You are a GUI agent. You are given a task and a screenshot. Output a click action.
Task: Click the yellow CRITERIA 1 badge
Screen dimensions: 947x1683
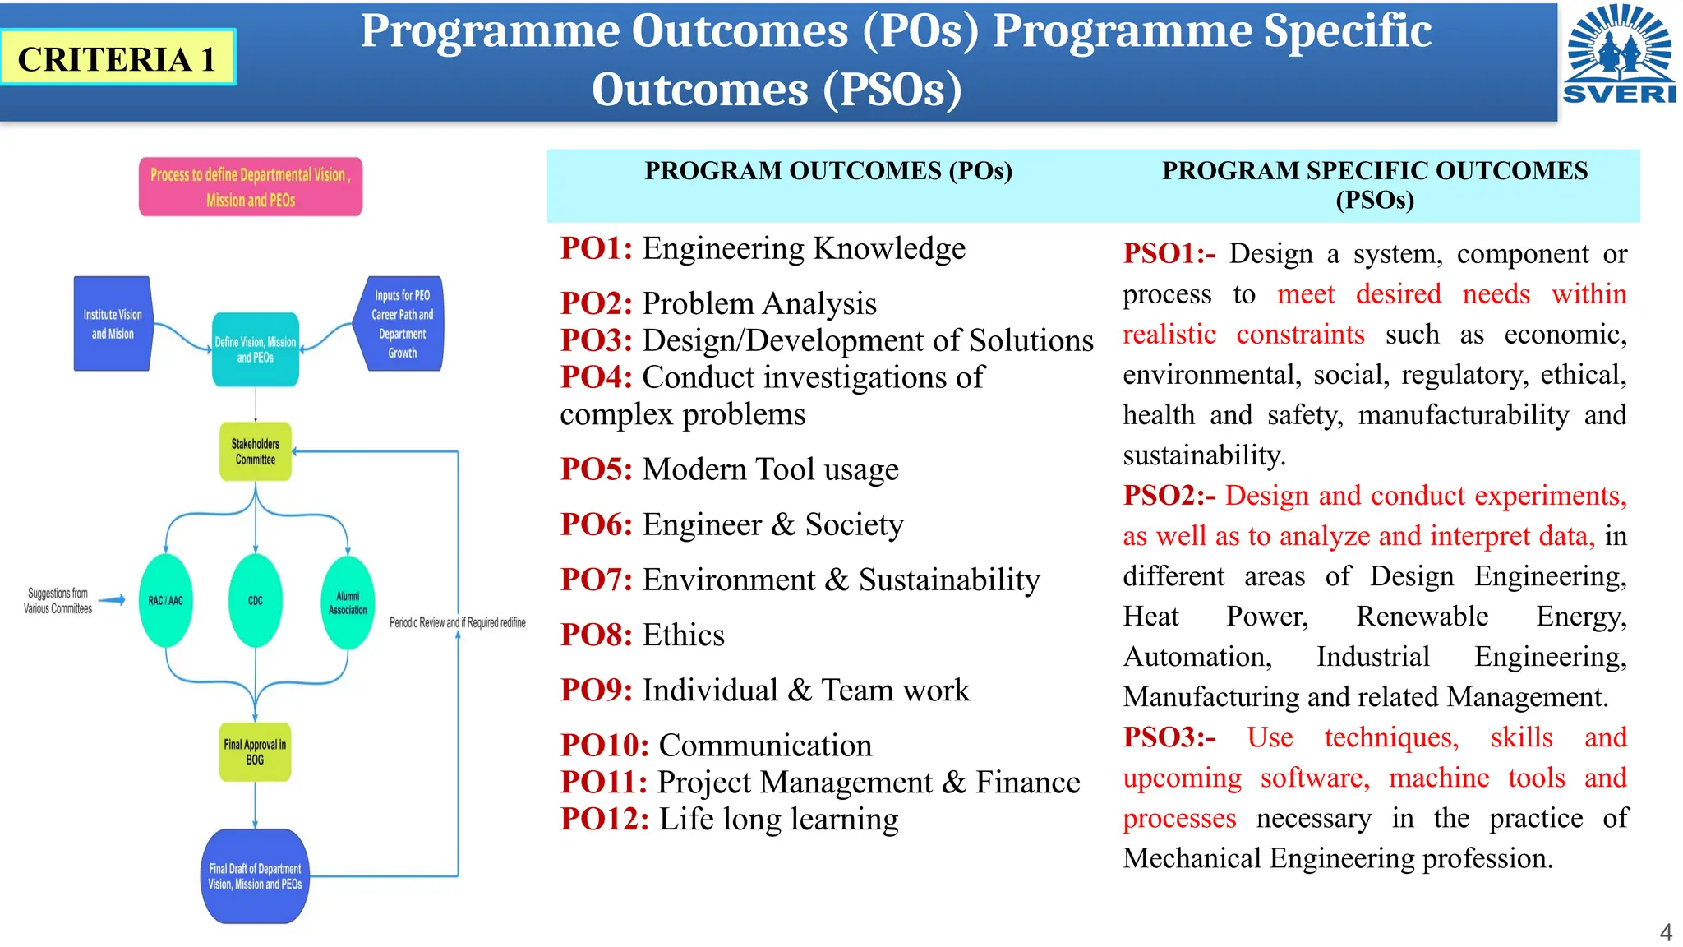pos(118,58)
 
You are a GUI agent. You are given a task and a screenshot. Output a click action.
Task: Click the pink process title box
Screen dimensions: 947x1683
pos(251,187)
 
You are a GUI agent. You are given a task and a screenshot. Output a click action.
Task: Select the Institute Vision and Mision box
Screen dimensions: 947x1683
pos(113,324)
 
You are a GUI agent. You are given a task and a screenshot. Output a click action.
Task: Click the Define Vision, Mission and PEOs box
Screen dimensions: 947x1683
pos(256,349)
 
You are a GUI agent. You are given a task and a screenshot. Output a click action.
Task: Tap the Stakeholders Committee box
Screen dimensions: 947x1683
pos(256,451)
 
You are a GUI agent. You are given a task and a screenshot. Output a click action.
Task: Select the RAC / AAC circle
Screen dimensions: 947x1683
pos(166,600)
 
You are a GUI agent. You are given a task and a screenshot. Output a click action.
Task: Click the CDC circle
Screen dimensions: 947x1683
pos(256,600)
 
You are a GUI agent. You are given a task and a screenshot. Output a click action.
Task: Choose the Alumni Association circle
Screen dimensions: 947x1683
pos(348,603)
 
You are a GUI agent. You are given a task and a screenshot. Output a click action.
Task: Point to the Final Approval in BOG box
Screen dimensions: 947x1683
pos(255,752)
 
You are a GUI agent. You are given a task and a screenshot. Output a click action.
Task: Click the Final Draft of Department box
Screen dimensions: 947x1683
pos(255,876)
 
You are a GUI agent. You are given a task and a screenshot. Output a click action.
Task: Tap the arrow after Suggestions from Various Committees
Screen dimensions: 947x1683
pos(112,600)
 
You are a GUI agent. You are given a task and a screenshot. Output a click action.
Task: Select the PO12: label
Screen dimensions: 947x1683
pos(605,820)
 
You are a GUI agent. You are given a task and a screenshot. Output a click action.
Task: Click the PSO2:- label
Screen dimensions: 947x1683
pos(1169,496)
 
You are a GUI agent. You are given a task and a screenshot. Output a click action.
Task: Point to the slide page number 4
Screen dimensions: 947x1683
pos(1666,932)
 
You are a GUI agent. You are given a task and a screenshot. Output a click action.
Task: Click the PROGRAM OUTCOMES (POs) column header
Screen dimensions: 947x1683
pos(828,171)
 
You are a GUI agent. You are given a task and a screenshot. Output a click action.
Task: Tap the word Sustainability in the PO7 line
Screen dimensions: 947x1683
pos(949,580)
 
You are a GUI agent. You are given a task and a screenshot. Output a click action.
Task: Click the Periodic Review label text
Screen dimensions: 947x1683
pos(457,622)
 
